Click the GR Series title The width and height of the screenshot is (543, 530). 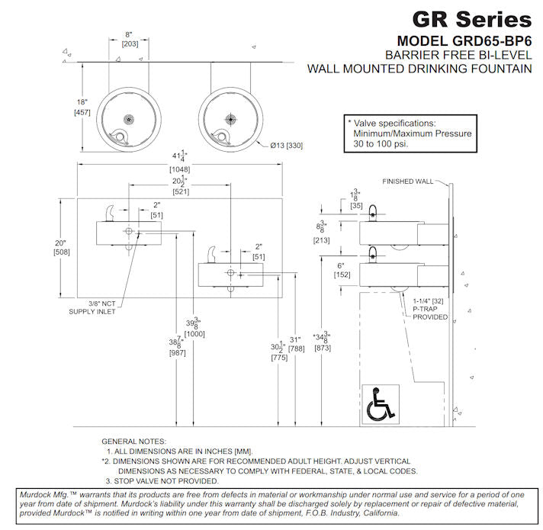click(x=471, y=18)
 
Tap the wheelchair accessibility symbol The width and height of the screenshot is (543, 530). click(x=381, y=404)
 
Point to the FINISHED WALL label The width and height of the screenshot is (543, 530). click(x=407, y=181)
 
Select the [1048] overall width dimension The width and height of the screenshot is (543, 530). click(x=180, y=169)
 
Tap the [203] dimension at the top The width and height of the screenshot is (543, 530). click(x=129, y=45)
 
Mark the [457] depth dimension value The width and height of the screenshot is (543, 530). click(x=83, y=113)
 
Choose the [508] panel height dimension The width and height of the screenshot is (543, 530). click(x=63, y=252)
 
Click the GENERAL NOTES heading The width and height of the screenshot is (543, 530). click(x=133, y=442)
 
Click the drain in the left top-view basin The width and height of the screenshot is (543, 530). click(x=130, y=119)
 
